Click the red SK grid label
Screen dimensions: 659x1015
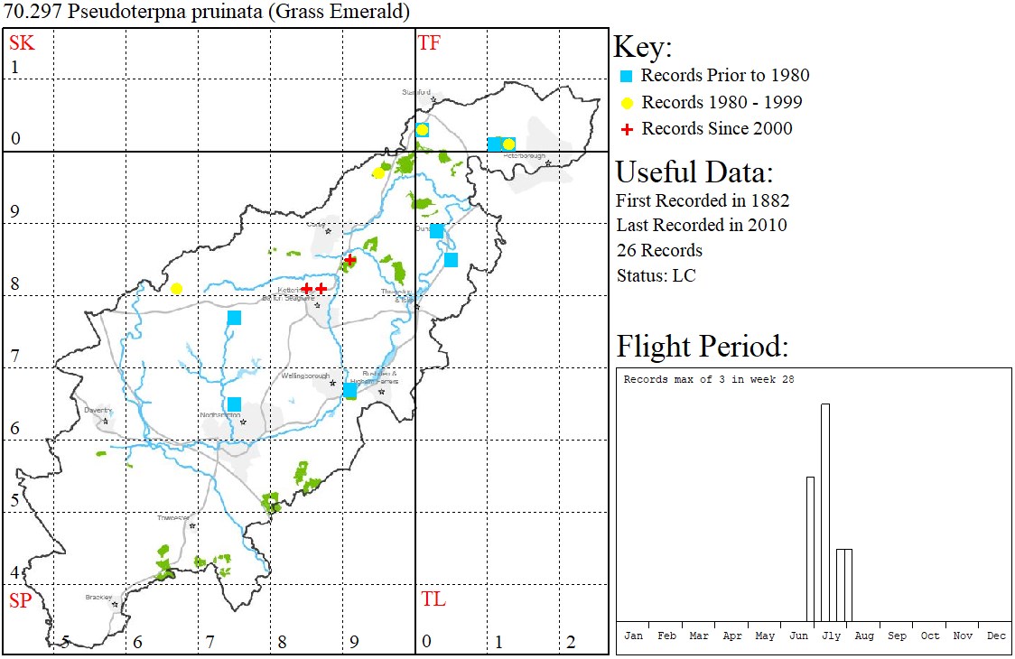(x=22, y=42)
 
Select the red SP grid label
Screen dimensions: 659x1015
(x=20, y=600)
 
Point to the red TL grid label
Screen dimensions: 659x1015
(x=433, y=599)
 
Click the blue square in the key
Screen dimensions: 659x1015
(x=627, y=76)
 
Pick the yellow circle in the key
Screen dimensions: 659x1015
(x=627, y=102)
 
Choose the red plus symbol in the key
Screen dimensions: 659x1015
(x=627, y=129)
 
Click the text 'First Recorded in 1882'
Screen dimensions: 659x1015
(x=703, y=200)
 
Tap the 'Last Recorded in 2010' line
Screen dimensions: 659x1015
(x=702, y=225)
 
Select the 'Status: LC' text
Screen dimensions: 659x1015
(x=656, y=275)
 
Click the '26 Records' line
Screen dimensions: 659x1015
(x=659, y=250)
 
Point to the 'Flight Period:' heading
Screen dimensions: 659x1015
(x=703, y=347)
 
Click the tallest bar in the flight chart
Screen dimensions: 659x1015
(x=825, y=512)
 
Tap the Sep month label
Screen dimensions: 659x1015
(x=897, y=636)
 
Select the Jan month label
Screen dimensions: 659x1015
(x=634, y=636)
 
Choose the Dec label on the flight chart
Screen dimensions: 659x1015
(x=996, y=636)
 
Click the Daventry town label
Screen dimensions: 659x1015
(x=97, y=410)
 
